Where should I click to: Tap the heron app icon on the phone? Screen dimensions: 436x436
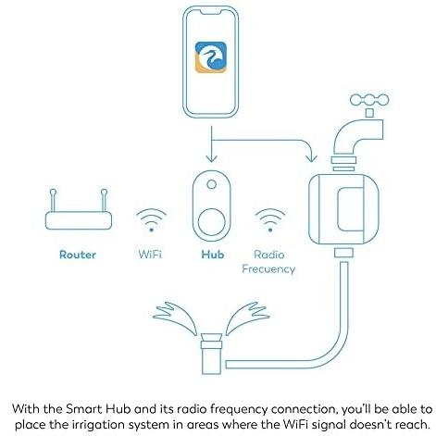(x=211, y=57)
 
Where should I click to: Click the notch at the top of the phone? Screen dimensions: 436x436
(x=211, y=12)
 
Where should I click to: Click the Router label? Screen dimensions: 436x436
(x=78, y=255)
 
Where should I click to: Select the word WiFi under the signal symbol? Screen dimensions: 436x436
(x=150, y=255)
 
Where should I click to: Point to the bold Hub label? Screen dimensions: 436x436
(x=213, y=255)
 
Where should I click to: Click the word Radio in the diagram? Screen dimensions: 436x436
(x=269, y=255)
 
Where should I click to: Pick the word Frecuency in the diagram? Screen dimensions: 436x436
(x=268, y=269)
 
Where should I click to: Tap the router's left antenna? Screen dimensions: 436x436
(x=53, y=200)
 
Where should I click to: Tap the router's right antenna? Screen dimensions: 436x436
(x=105, y=200)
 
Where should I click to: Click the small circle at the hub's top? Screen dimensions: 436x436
(x=212, y=184)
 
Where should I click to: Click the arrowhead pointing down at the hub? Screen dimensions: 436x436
(x=211, y=159)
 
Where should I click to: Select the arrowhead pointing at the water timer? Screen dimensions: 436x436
(x=311, y=158)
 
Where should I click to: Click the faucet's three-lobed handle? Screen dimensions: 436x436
(x=369, y=100)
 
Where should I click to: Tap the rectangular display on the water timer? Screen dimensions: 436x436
(x=351, y=209)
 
